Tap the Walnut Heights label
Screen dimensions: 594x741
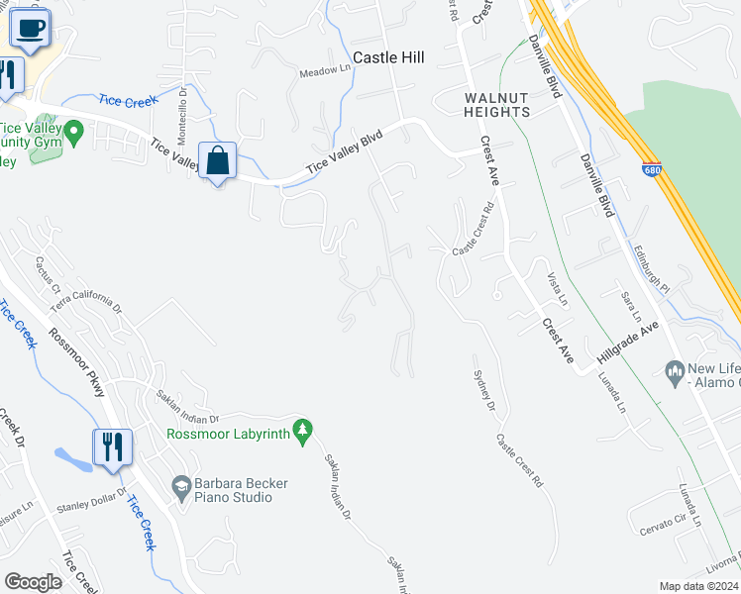click(497, 104)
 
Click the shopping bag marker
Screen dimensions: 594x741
click(218, 160)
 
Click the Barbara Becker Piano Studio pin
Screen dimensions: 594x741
click(181, 486)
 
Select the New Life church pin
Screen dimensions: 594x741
click(676, 372)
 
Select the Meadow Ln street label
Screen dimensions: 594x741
click(326, 70)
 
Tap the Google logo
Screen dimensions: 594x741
click(33, 581)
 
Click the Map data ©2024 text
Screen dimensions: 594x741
click(699, 586)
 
